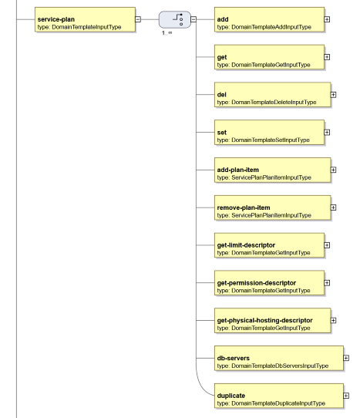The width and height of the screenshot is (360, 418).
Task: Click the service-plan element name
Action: pyautogui.click(x=56, y=19)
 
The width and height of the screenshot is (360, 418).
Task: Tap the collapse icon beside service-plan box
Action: pyautogui.click(x=138, y=19)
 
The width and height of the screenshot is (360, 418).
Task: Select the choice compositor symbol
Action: pyautogui.click(x=175, y=19)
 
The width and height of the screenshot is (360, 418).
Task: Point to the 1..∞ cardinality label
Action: pyautogui.click(x=167, y=33)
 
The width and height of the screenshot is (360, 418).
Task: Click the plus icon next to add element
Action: pyautogui.click(x=327, y=19)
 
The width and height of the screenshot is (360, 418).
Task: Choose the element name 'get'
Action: pyautogui.click(x=222, y=57)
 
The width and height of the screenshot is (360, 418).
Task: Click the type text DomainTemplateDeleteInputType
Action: pyautogui.click(x=274, y=102)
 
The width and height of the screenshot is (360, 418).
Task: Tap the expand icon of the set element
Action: pyautogui.click(x=327, y=132)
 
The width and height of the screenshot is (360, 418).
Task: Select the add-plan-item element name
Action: pyautogui.click(x=237, y=170)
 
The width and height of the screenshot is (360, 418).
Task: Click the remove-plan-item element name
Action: pyautogui.click(x=244, y=207)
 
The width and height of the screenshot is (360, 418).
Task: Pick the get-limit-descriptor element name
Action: pyautogui.click(x=246, y=245)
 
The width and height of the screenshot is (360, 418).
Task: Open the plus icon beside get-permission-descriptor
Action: pyautogui.click(x=327, y=283)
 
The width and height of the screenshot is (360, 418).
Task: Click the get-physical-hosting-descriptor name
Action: pyautogui.click(x=265, y=320)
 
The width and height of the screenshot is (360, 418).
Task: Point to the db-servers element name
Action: pyautogui.click(x=233, y=358)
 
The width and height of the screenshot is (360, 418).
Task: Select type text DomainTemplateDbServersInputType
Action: pyautogui.click(x=280, y=366)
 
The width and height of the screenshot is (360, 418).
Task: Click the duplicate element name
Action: pyautogui.click(x=231, y=396)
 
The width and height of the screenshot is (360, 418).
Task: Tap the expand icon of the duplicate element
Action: pyautogui.click(x=346, y=396)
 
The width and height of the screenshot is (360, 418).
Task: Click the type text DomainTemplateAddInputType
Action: pyautogui.click(x=271, y=27)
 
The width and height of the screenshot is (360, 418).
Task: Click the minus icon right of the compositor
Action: pyautogui.click(x=193, y=19)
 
